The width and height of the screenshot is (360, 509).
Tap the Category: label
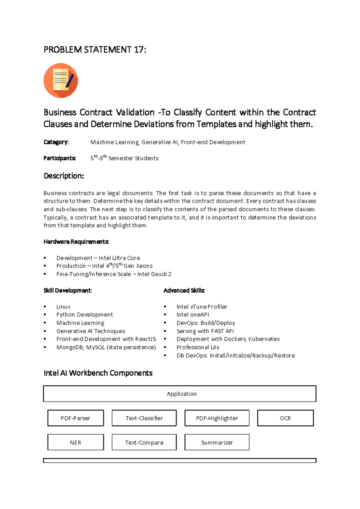click(56, 142)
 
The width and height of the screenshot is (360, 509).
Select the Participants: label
click(59, 158)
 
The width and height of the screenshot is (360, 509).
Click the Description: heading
click(64, 176)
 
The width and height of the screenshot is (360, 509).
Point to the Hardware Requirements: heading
click(76, 242)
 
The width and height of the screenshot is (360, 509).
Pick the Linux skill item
click(63, 307)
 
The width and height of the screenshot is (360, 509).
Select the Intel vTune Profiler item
click(202, 307)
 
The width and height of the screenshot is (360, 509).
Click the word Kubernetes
click(264, 339)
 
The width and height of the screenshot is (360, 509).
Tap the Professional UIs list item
click(198, 347)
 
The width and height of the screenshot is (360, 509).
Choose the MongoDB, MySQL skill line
click(106, 347)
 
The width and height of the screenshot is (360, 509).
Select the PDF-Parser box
click(76, 418)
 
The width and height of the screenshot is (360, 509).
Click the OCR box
click(285, 418)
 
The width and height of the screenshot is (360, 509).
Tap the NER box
click(76, 442)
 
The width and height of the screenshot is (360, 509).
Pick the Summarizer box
click(217, 442)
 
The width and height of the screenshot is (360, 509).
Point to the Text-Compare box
click(144, 442)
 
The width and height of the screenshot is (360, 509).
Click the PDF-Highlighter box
click(217, 418)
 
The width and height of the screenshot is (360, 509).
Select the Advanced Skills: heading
click(184, 291)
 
